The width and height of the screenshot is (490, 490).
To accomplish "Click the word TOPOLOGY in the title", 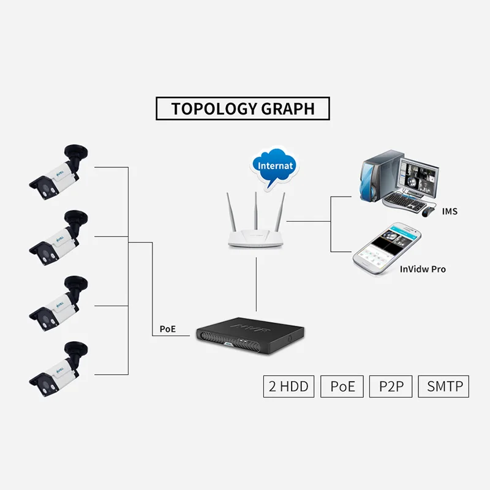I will pos(214,109).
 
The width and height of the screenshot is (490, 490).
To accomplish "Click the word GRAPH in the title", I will pos(288,109).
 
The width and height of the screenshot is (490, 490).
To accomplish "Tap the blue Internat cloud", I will pos(276,166).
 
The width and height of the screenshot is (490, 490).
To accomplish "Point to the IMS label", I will pos(450,211).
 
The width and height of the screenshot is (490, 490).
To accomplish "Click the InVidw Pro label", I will pos(423,269).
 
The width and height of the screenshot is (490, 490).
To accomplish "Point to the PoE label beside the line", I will pos(167,329).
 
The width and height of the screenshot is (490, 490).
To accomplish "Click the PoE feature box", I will pos(342,386).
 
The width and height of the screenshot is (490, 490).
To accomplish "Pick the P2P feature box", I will pos(391,386).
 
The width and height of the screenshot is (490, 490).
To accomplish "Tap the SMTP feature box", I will pos(443,386).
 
